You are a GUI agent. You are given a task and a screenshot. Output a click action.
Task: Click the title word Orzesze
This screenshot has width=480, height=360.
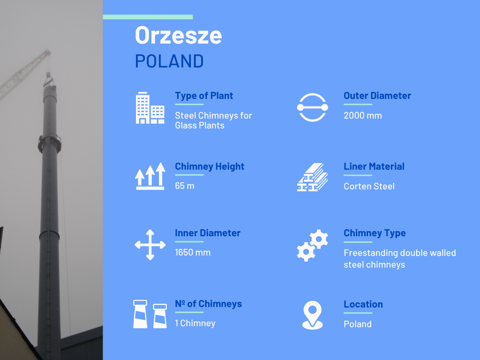pos(179,35)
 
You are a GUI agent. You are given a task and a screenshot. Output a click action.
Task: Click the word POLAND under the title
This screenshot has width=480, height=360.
pos(169,61)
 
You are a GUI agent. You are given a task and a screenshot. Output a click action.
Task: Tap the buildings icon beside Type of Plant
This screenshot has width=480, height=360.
pos(150,108)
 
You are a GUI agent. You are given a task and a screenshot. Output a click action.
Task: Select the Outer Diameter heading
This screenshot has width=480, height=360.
pos(377,96)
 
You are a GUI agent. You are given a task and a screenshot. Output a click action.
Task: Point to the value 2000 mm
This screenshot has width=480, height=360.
pos(363,115)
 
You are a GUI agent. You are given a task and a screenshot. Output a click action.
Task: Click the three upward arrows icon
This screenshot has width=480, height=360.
pos(150,176)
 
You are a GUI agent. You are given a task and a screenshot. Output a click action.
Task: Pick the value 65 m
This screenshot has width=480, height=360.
pos(185,186)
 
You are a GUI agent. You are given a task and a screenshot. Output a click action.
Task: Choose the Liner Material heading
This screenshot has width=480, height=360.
pos(374,166)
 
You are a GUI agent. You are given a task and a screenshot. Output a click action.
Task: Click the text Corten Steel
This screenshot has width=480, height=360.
pos(369,186)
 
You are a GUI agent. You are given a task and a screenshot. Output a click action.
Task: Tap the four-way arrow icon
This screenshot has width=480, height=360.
pos(150,245)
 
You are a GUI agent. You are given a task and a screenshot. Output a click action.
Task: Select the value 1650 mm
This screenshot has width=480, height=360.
pos(193,252)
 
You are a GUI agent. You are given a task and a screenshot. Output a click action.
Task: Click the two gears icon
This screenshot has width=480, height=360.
pos(312,245)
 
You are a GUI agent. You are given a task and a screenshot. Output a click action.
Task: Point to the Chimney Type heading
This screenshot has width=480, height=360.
pos(375,233)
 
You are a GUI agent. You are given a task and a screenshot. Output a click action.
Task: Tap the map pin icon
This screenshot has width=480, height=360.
pos(312,315)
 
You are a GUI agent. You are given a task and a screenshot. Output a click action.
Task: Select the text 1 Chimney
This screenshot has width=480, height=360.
pos(195,323)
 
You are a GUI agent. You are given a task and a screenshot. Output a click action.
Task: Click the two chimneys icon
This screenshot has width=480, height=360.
pos(150,314)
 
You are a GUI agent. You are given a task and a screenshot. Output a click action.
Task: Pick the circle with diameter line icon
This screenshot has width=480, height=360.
pos(312,107)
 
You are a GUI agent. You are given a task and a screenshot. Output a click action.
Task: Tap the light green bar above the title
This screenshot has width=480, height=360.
pos(148,17)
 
